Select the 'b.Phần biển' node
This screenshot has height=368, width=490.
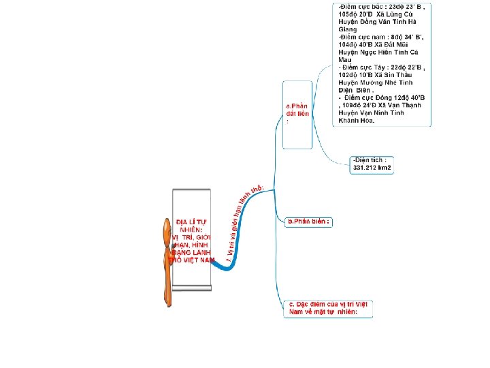coord(308,221)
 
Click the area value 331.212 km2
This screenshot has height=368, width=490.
coord(372,168)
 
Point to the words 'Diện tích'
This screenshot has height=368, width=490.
coord(371,159)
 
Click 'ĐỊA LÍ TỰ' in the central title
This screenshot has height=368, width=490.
coord(191,222)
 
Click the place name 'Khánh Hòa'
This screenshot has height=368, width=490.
coord(355,120)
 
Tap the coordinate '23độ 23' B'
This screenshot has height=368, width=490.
coord(406,6)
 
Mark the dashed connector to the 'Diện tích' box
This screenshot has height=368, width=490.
coord(330,155)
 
